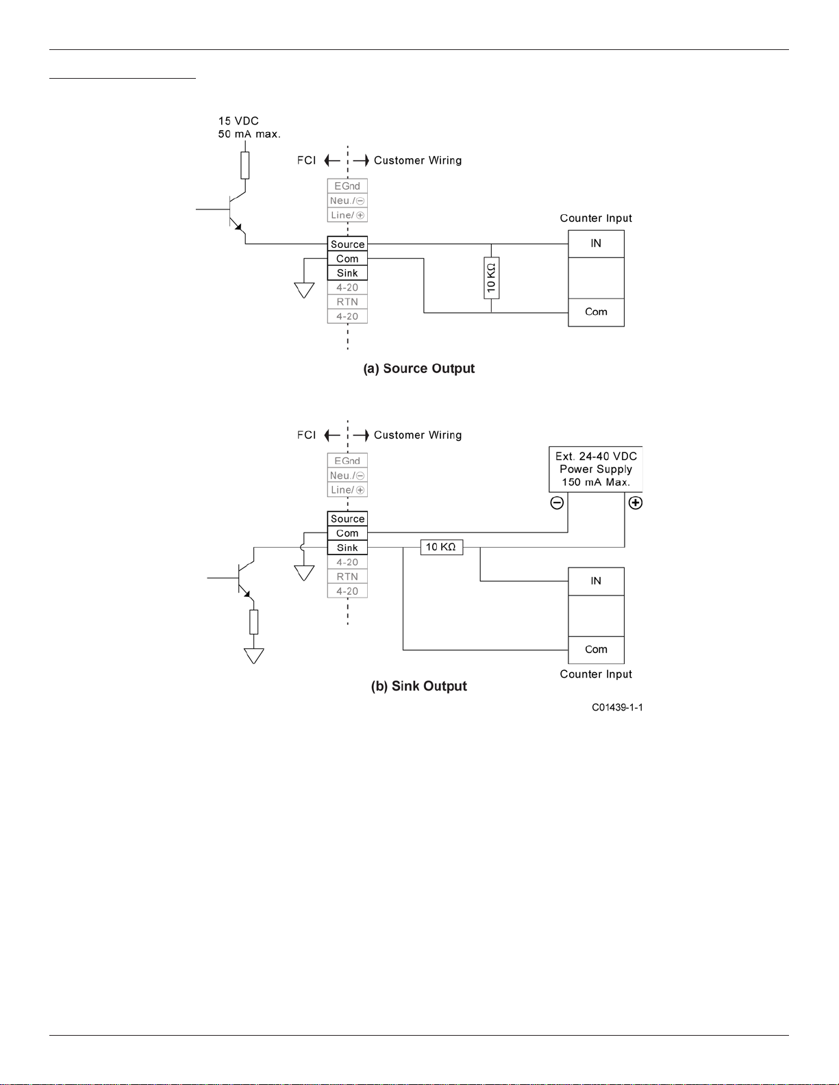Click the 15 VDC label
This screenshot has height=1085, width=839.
click(x=238, y=121)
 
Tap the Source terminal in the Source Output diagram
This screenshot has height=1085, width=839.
click(x=347, y=244)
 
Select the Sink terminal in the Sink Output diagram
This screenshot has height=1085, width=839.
click(x=347, y=547)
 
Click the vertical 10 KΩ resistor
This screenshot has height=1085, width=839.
click(x=492, y=278)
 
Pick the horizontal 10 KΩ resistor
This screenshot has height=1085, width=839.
click(x=442, y=547)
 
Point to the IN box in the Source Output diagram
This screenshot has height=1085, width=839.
click(x=596, y=244)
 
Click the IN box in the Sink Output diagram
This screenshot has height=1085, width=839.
click(x=596, y=581)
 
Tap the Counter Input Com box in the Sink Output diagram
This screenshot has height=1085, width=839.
click(x=596, y=650)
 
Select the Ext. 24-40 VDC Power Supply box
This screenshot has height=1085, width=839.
click(x=596, y=470)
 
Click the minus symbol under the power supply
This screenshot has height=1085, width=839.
click(x=557, y=502)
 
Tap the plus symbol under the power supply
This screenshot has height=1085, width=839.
click(x=636, y=502)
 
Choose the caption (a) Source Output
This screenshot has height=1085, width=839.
click(x=419, y=368)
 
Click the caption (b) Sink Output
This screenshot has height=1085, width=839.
click(x=419, y=686)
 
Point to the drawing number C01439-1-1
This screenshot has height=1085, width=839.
click(x=617, y=708)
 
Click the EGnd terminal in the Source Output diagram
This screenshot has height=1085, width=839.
click(x=347, y=186)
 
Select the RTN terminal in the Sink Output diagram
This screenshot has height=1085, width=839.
click(x=347, y=576)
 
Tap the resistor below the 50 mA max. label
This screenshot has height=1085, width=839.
click(x=245, y=165)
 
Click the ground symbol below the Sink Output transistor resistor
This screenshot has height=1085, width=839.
click(x=253, y=656)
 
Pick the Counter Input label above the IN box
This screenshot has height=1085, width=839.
click(x=596, y=218)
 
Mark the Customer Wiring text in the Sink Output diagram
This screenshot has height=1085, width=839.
click(x=418, y=435)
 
